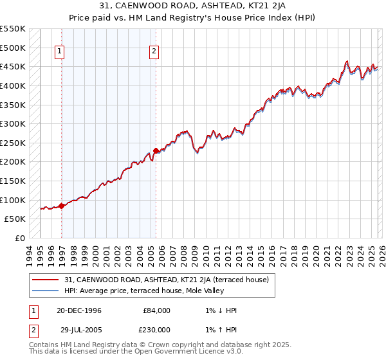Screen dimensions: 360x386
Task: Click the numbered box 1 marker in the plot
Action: click(60, 53)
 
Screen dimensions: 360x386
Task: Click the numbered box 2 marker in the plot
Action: click(155, 53)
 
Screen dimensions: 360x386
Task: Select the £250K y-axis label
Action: click(14, 143)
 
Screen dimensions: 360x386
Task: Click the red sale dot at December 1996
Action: click(62, 206)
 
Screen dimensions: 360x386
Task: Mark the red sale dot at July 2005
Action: click(156, 151)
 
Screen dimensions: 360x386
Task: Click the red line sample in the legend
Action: click(46, 280)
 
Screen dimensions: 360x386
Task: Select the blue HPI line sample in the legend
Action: click(46, 291)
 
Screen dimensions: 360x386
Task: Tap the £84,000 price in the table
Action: click(157, 310)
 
